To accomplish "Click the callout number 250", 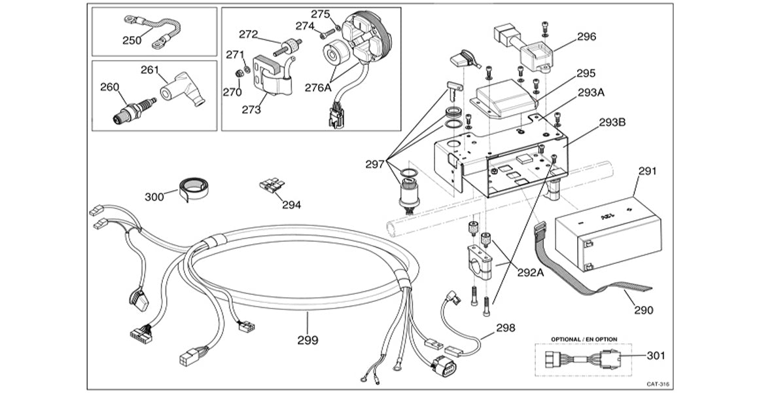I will click(132, 40).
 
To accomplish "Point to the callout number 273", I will click(251, 109).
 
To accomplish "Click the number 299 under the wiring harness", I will click(308, 340).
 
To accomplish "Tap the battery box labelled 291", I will click(607, 232).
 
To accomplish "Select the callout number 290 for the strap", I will click(644, 310).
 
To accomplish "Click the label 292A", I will click(531, 273).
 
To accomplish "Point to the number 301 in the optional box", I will click(655, 356).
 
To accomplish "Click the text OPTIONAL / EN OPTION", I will click(584, 339).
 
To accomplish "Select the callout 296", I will click(586, 37).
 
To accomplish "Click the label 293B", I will click(612, 122).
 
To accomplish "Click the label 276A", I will click(318, 86).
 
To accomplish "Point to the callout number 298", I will click(505, 327).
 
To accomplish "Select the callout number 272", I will click(249, 34).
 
